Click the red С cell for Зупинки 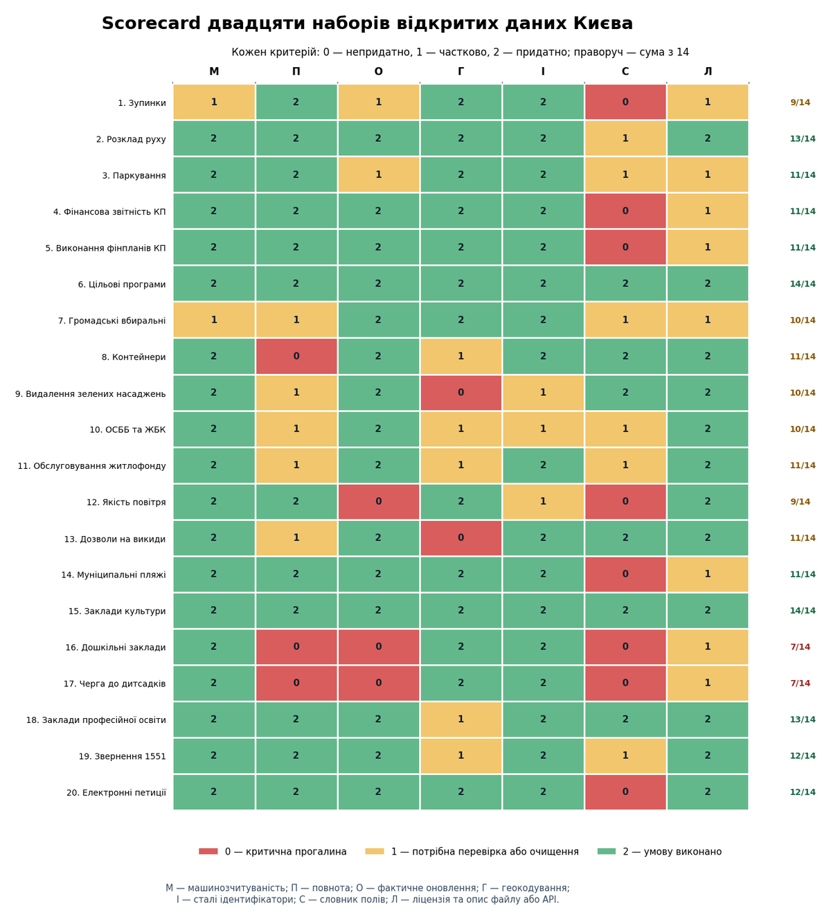[x=625, y=102]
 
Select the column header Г [x=461, y=71]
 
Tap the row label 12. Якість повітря [x=126, y=502]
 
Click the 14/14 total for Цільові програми [x=802, y=284]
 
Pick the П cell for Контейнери [x=296, y=357]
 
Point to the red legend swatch [x=208, y=851]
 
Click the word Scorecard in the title [x=151, y=24]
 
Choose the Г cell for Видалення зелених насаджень [x=461, y=393]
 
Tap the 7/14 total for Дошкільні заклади [x=800, y=647]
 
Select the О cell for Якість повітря [x=378, y=501]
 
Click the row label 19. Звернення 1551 [x=123, y=756]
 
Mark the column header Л [x=708, y=71]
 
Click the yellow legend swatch [x=374, y=851]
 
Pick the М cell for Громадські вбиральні [x=214, y=320]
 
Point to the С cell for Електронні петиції [x=625, y=792]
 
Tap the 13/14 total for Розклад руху [x=802, y=139]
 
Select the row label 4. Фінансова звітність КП [x=109, y=212]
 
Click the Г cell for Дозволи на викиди [x=461, y=538]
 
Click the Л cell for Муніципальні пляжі [x=707, y=574]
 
